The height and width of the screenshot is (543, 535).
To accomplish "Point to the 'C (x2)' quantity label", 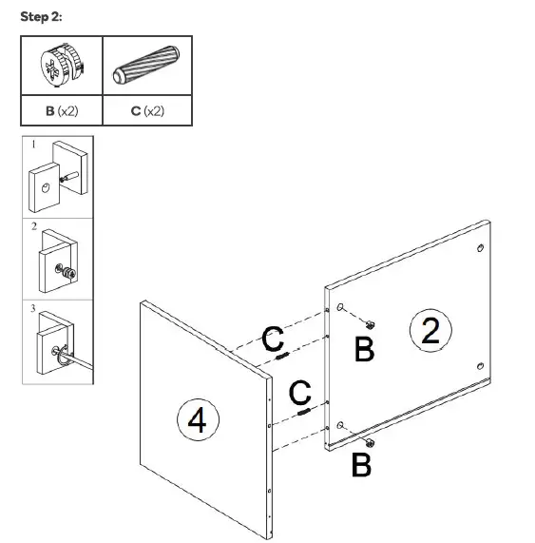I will coord(147,111).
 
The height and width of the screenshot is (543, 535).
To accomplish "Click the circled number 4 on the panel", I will coord(198,419).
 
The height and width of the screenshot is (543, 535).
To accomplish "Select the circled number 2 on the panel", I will coord(430,331).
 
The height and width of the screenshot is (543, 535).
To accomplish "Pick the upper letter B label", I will coord(364,350).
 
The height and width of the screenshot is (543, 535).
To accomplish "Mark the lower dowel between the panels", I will coord(303,411).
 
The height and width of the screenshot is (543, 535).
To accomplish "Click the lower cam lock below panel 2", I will coord(368,443).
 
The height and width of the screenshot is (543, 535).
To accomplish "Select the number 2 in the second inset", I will coord(33,227).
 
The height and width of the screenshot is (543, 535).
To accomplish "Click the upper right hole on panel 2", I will coord(480,249).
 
